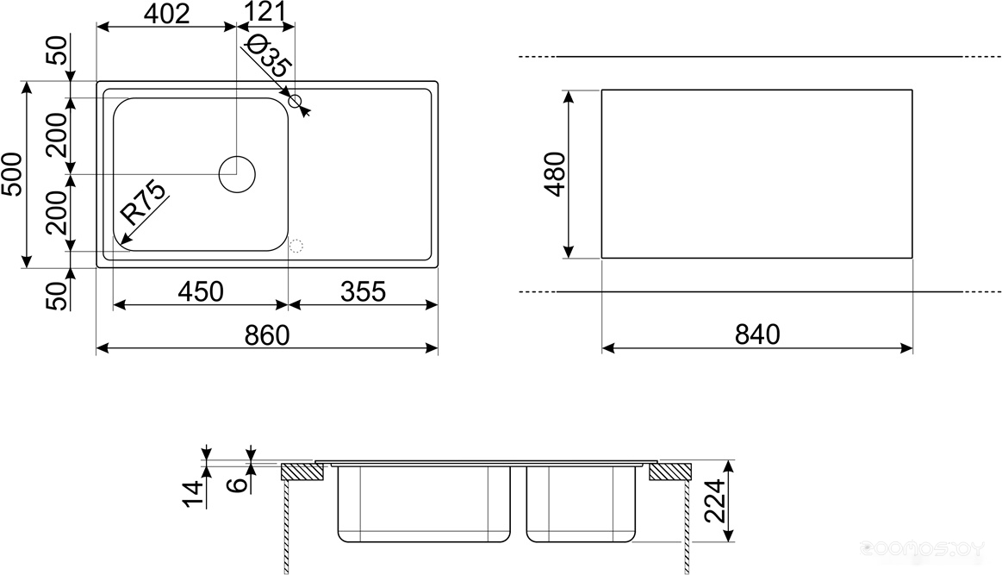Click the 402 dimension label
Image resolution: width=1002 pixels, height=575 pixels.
[x=166, y=13]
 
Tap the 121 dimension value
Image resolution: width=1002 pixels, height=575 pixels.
[x=266, y=11]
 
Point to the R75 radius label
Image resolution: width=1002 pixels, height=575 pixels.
[x=144, y=203]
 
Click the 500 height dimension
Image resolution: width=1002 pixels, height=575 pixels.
[x=13, y=174]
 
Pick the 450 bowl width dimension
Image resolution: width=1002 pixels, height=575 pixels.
[x=201, y=291]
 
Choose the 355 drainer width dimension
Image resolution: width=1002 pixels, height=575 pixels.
[x=363, y=291]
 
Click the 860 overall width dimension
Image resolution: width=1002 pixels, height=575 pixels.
[x=267, y=335]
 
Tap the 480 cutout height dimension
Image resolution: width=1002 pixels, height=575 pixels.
[x=555, y=174]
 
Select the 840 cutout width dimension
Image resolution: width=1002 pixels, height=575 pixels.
[x=757, y=334]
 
